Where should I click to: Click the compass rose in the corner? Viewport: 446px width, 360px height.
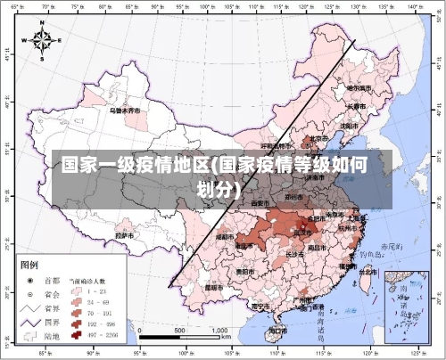click(x=43, y=40)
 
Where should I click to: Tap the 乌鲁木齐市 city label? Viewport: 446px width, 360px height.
click(x=125, y=111)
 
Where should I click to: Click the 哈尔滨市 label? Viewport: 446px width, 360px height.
click(x=359, y=88)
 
